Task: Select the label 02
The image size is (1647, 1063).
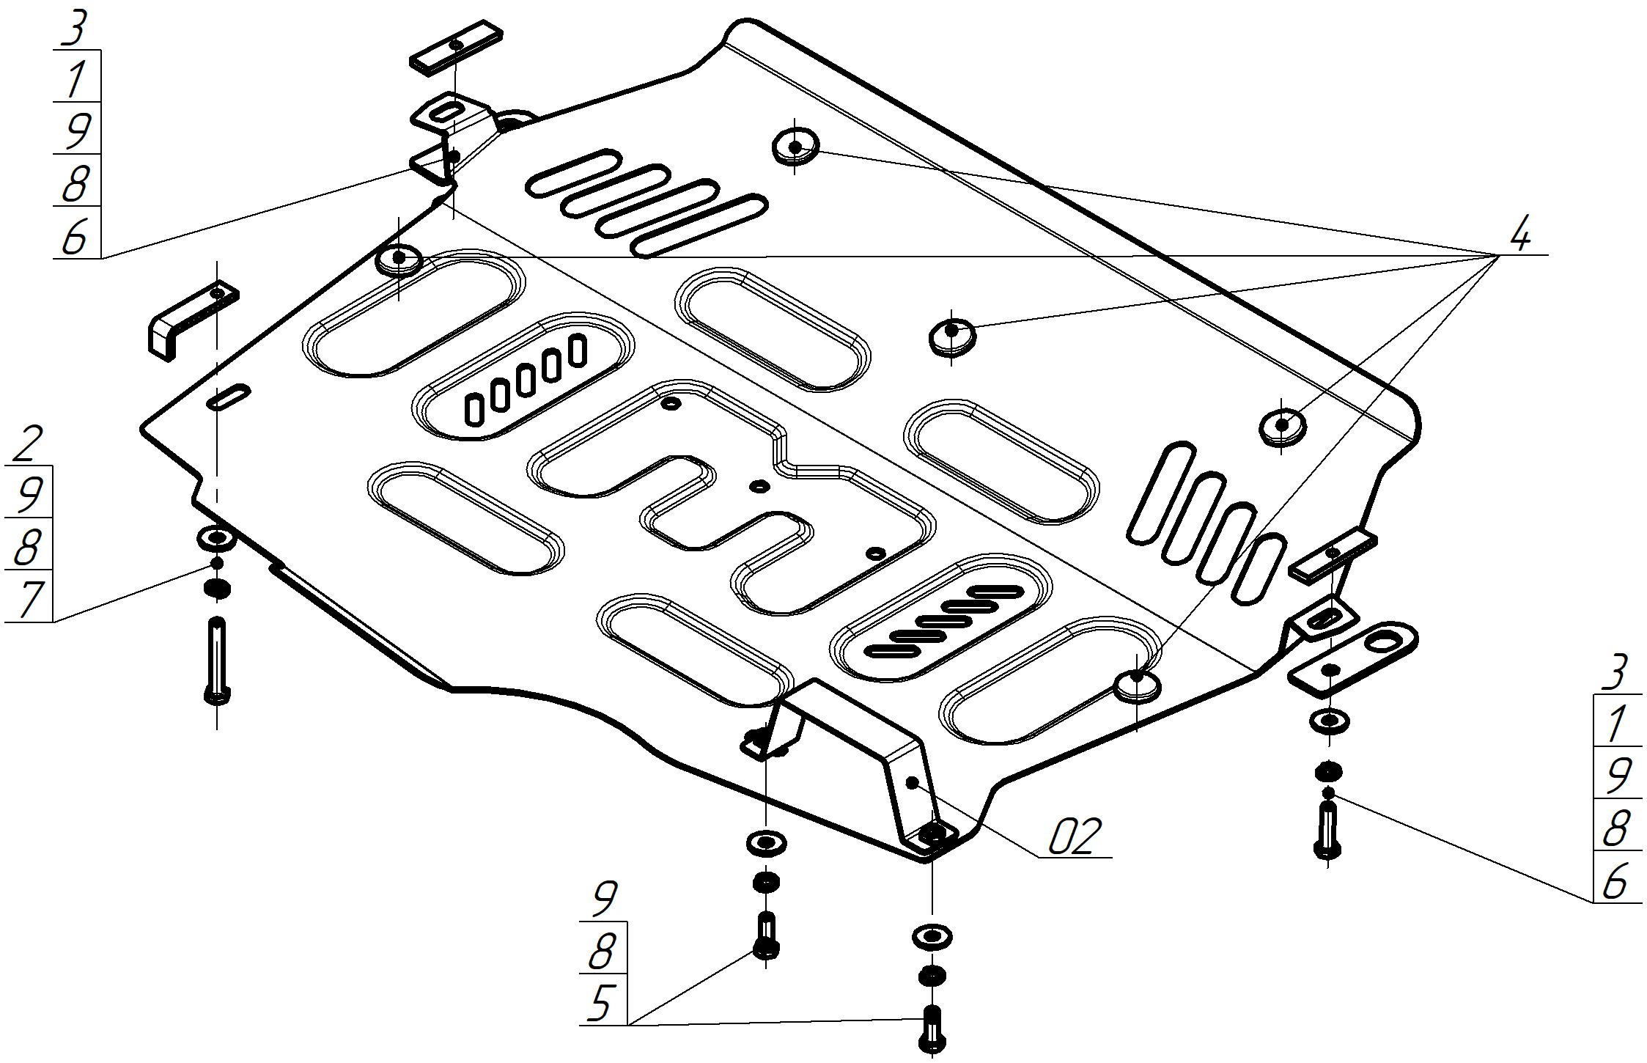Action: pyautogui.click(x=1075, y=837)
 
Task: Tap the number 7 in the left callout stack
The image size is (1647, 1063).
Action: pyautogui.click(x=29, y=598)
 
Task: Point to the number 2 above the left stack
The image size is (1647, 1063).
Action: pyautogui.click(x=27, y=443)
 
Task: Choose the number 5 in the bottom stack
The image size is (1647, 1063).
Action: pyautogui.click(x=601, y=1002)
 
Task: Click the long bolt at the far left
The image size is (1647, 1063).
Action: pyautogui.click(x=217, y=660)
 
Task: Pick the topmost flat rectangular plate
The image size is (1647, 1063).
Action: pyautogui.click(x=456, y=47)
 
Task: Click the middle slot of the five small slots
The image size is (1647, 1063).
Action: pyautogui.click(x=525, y=381)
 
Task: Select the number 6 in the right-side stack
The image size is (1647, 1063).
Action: pyautogui.click(x=1615, y=881)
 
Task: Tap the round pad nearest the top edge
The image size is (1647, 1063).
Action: pyautogui.click(x=795, y=145)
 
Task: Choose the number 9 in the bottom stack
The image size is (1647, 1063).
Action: pyautogui.click(x=604, y=899)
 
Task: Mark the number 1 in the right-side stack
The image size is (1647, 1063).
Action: pyautogui.click(x=1614, y=724)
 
